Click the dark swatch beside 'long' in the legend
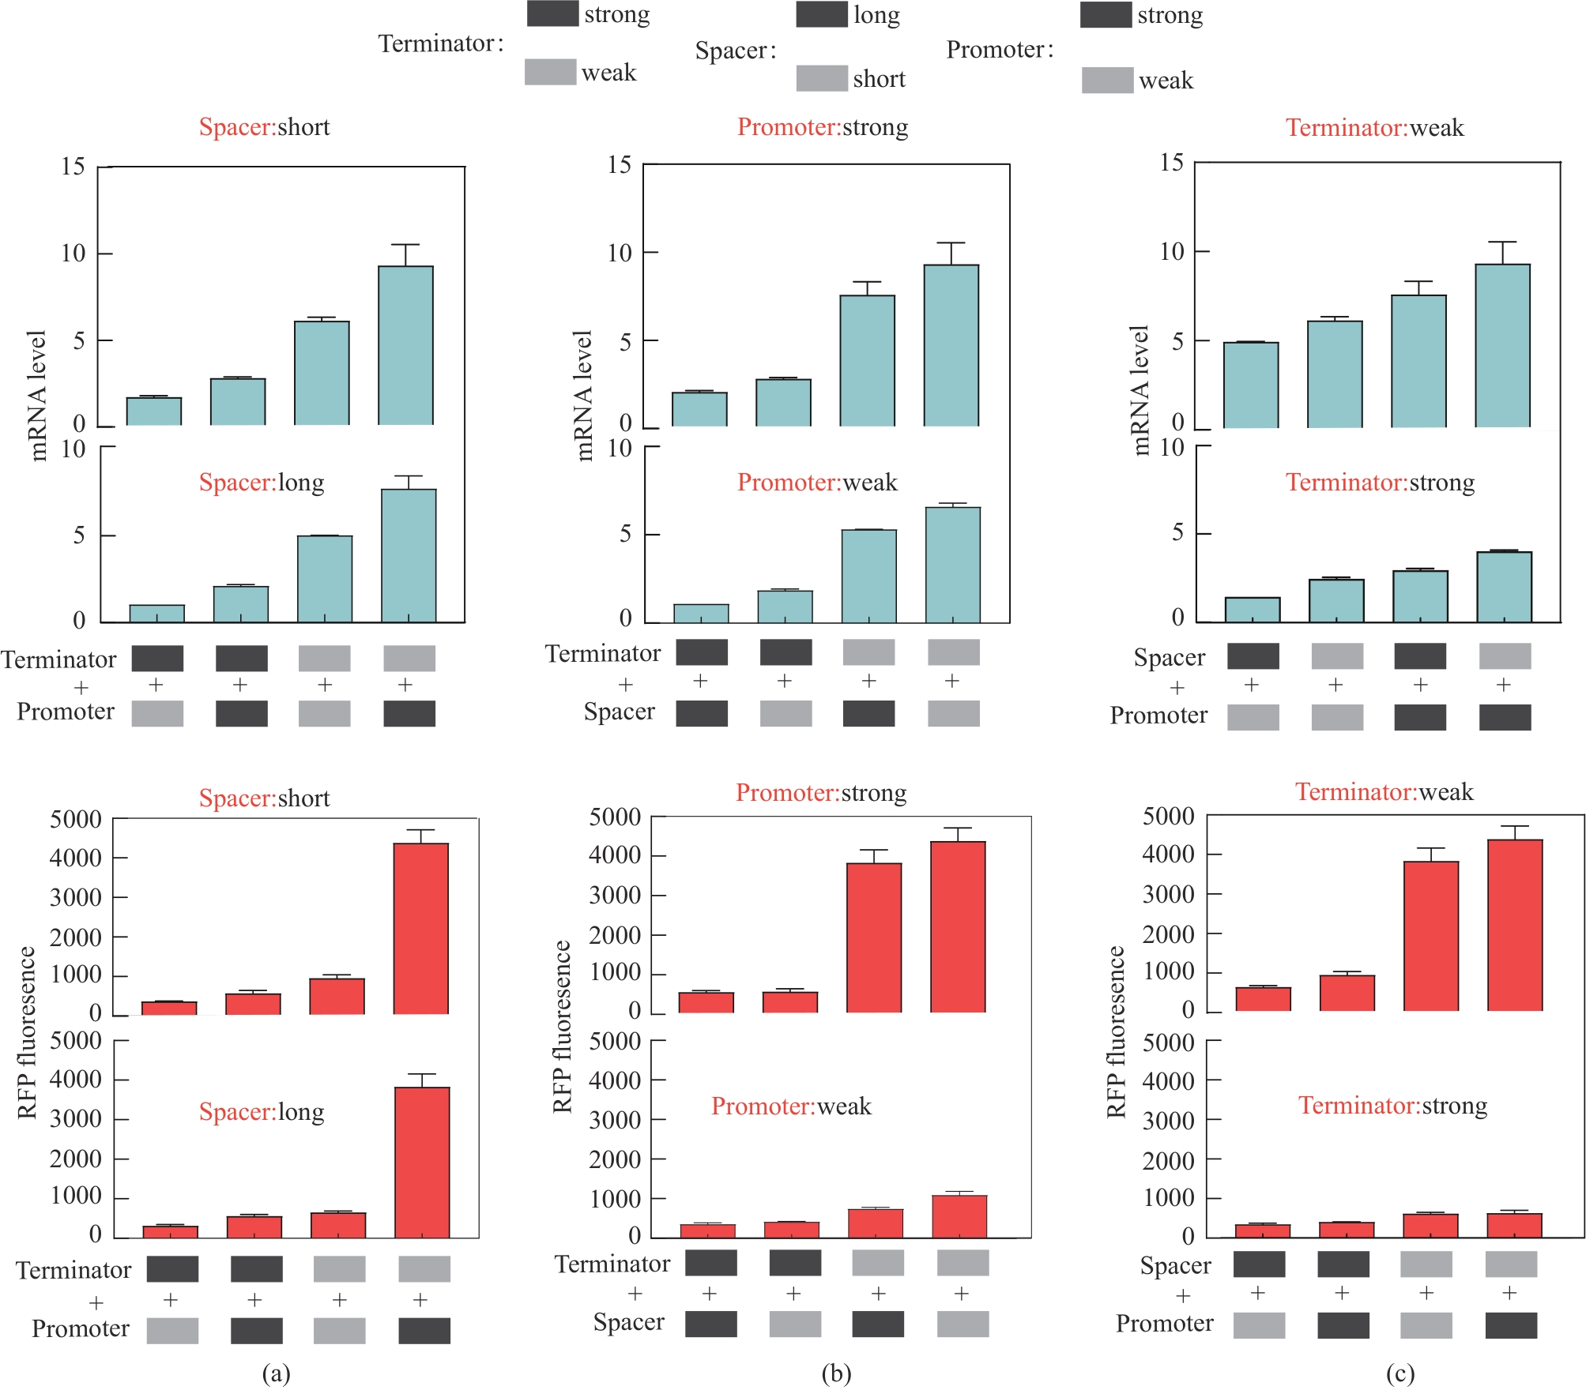[821, 15]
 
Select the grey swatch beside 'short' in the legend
[821, 78]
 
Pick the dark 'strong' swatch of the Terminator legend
[552, 14]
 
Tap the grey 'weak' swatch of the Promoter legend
[1106, 80]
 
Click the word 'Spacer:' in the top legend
[735, 51]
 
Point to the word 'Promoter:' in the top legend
[1000, 50]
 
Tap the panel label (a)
[276, 1373]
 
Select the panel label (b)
[836, 1373]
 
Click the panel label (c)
[1400, 1373]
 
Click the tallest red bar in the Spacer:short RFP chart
[420, 928]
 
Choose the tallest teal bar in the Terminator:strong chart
[1504, 587]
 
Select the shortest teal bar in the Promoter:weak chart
[701, 614]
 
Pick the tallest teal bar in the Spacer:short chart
[405, 345]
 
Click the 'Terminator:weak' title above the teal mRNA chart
[1374, 128]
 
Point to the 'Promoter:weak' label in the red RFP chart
[791, 1106]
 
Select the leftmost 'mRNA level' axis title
[37, 395]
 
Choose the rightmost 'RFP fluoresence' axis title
[1115, 1031]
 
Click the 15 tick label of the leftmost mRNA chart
[73, 167]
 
